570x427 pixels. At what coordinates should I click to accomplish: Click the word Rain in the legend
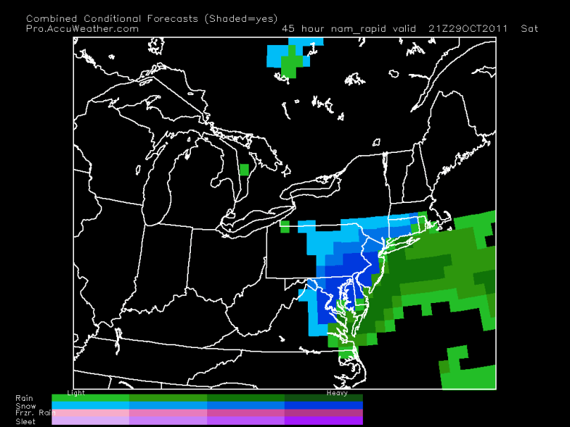[x=23, y=398]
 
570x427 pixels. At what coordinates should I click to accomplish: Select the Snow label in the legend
[x=25, y=406]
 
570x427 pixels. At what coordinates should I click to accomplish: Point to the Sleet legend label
[x=25, y=421]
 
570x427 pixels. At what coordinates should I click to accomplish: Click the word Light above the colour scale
[x=75, y=392]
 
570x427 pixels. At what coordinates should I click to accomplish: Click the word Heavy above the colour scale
[x=337, y=392]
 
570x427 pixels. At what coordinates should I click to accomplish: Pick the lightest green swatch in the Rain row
[x=91, y=398]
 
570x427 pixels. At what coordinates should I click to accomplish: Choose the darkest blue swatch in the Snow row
[x=323, y=406]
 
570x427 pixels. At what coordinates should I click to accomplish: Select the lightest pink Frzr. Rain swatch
[x=91, y=413]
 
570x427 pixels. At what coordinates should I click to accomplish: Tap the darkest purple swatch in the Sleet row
[x=323, y=421]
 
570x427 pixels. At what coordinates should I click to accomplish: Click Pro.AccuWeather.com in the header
[x=82, y=29]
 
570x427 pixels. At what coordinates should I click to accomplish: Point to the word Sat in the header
[x=529, y=29]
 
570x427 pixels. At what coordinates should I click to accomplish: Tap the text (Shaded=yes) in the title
[x=242, y=18]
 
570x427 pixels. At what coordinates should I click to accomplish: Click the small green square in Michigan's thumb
[x=244, y=169]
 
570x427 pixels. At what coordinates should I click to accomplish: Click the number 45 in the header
[x=287, y=29]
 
